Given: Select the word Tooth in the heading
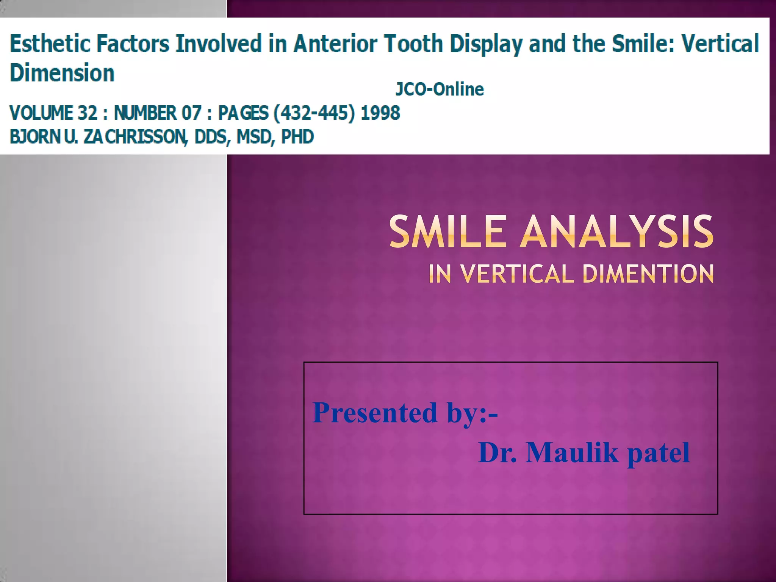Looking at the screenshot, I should [413, 44].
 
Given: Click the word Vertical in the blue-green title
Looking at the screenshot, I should [720, 44].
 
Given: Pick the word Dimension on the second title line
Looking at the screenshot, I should [62, 73].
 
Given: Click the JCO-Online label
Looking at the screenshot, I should [440, 89].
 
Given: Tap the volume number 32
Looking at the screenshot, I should [88, 113].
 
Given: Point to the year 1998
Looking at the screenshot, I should [380, 113].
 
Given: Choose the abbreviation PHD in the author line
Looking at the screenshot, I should [297, 137].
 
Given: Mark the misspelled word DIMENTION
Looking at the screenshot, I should [648, 274].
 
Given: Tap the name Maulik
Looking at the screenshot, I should [572, 452].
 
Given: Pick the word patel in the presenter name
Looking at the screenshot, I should [659, 452].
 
